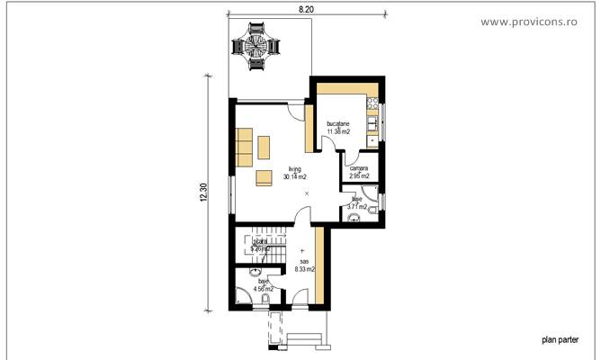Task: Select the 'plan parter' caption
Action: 560,340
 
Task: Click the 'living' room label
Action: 294,169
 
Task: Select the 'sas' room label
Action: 303,260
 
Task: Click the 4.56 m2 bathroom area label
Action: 264,289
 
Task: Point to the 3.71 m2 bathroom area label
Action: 357,206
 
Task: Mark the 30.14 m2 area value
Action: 294,177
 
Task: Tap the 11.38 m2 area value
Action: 338,131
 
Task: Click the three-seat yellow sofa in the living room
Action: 244,148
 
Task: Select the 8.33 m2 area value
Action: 304,268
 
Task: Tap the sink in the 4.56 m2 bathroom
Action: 256,269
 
